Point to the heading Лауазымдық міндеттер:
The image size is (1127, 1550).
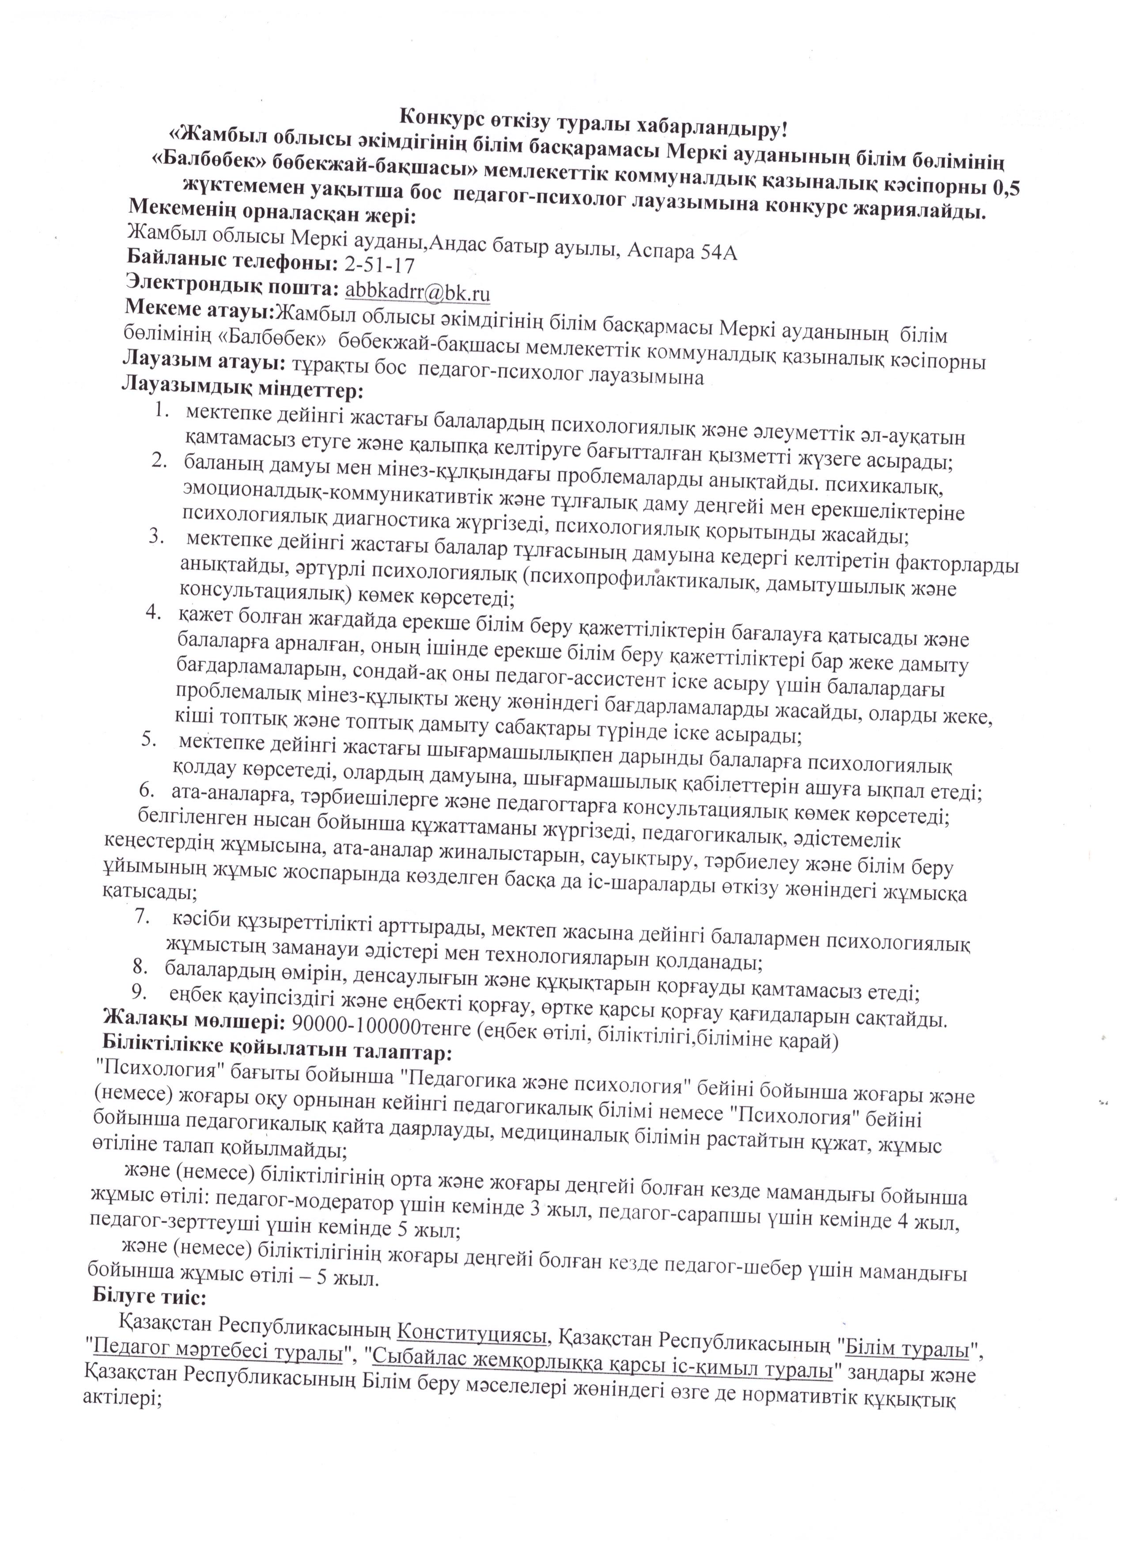[x=242, y=391]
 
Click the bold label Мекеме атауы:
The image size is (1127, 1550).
[x=199, y=309]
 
